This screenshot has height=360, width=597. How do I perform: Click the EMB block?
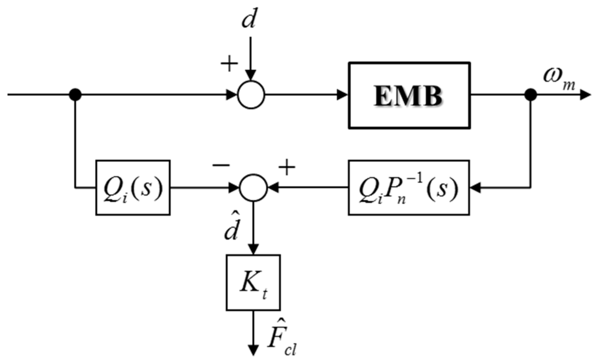(x=409, y=95)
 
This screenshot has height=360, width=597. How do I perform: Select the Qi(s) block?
(x=133, y=187)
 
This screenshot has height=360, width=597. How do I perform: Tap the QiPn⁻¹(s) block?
(x=409, y=187)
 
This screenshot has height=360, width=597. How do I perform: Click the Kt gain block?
(x=253, y=283)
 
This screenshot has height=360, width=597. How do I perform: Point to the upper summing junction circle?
(x=251, y=95)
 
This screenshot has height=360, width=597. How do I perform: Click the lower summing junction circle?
(x=253, y=187)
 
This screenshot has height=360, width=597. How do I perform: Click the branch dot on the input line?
(x=75, y=94)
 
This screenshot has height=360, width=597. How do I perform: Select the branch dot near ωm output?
(x=530, y=95)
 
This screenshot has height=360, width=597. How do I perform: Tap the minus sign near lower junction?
(x=221, y=165)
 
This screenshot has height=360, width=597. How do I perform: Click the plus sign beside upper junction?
(x=229, y=63)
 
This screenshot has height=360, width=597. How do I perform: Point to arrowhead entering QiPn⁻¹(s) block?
(x=476, y=187)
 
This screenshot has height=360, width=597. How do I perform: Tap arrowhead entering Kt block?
(x=253, y=249)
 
